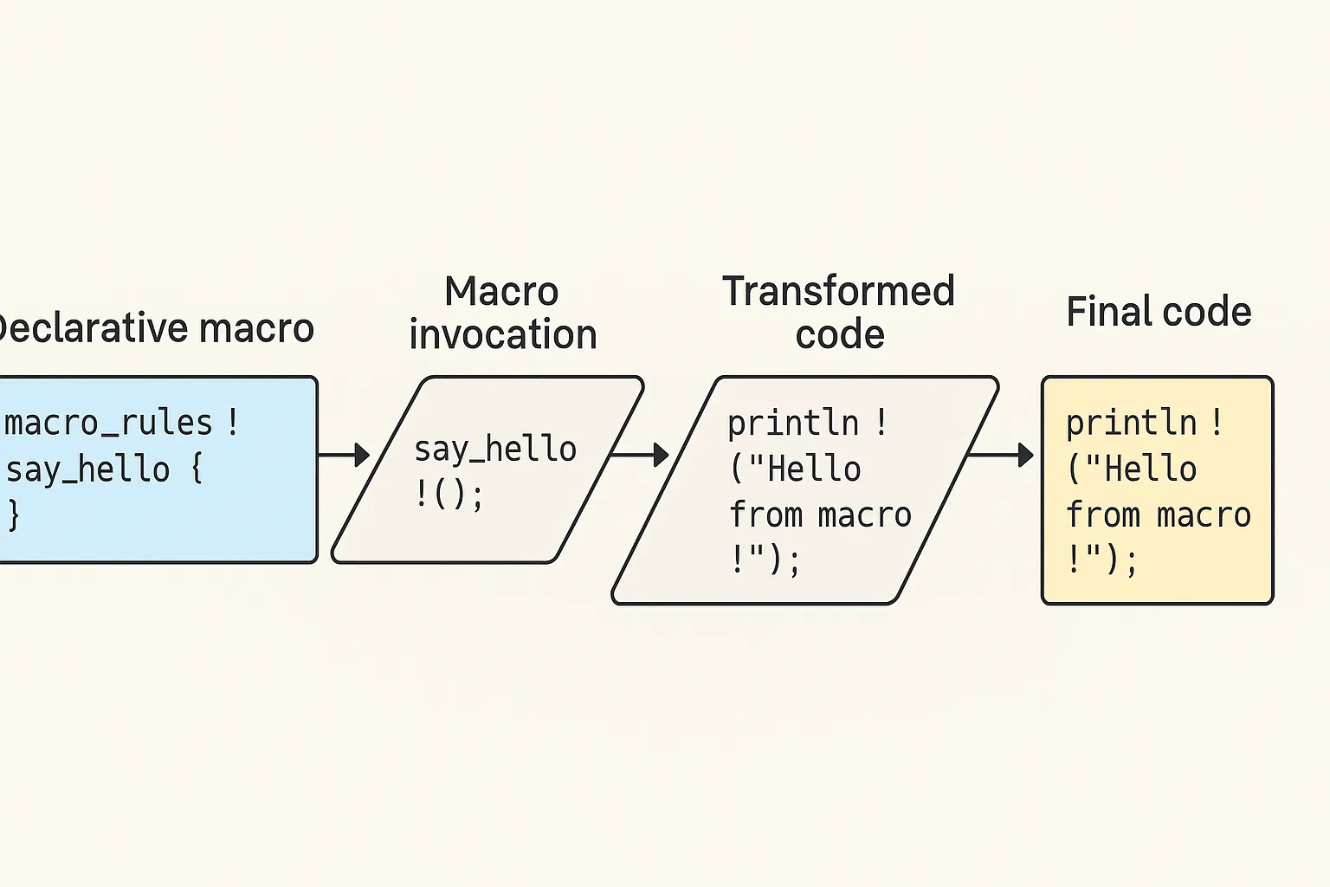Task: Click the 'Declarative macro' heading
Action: tap(156, 328)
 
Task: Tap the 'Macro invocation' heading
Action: tap(502, 313)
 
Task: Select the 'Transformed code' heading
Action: tap(838, 312)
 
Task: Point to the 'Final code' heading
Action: tap(1159, 311)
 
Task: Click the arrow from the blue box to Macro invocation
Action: tap(344, 455)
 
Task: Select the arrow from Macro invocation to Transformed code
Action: tap(640, 455)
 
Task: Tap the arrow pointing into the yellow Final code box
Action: tap(1001, 455)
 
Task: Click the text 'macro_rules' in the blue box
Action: tap(108, 424)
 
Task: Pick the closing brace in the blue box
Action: tap(14, 515)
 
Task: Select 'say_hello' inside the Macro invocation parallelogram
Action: tap(495, 450)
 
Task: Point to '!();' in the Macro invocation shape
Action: tap(449, 495)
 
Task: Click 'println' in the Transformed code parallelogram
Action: tap(793, 423)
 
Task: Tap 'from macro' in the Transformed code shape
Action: tap(820, 515)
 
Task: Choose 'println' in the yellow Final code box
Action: tap(1131, 423)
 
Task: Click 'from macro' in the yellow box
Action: tap(1159, 515)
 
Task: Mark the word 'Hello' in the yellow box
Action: tap(1150, 469)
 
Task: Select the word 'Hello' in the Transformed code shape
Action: tap(814, 469)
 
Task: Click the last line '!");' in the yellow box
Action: tap(1101, 560)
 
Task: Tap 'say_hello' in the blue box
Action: tap(87, 470)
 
